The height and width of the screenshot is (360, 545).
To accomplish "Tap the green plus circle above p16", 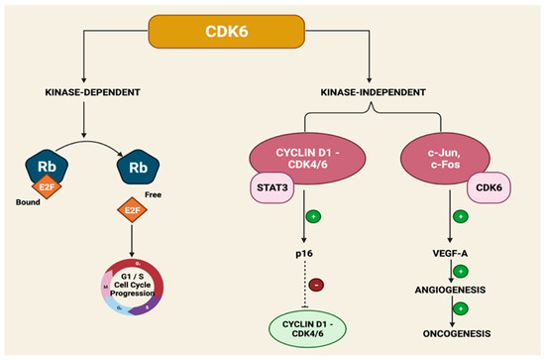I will tap(314, 215).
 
